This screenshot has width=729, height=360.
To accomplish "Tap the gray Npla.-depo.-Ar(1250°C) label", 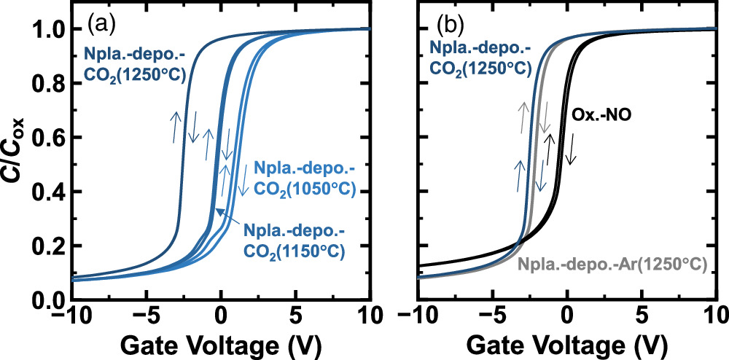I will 612,265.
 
